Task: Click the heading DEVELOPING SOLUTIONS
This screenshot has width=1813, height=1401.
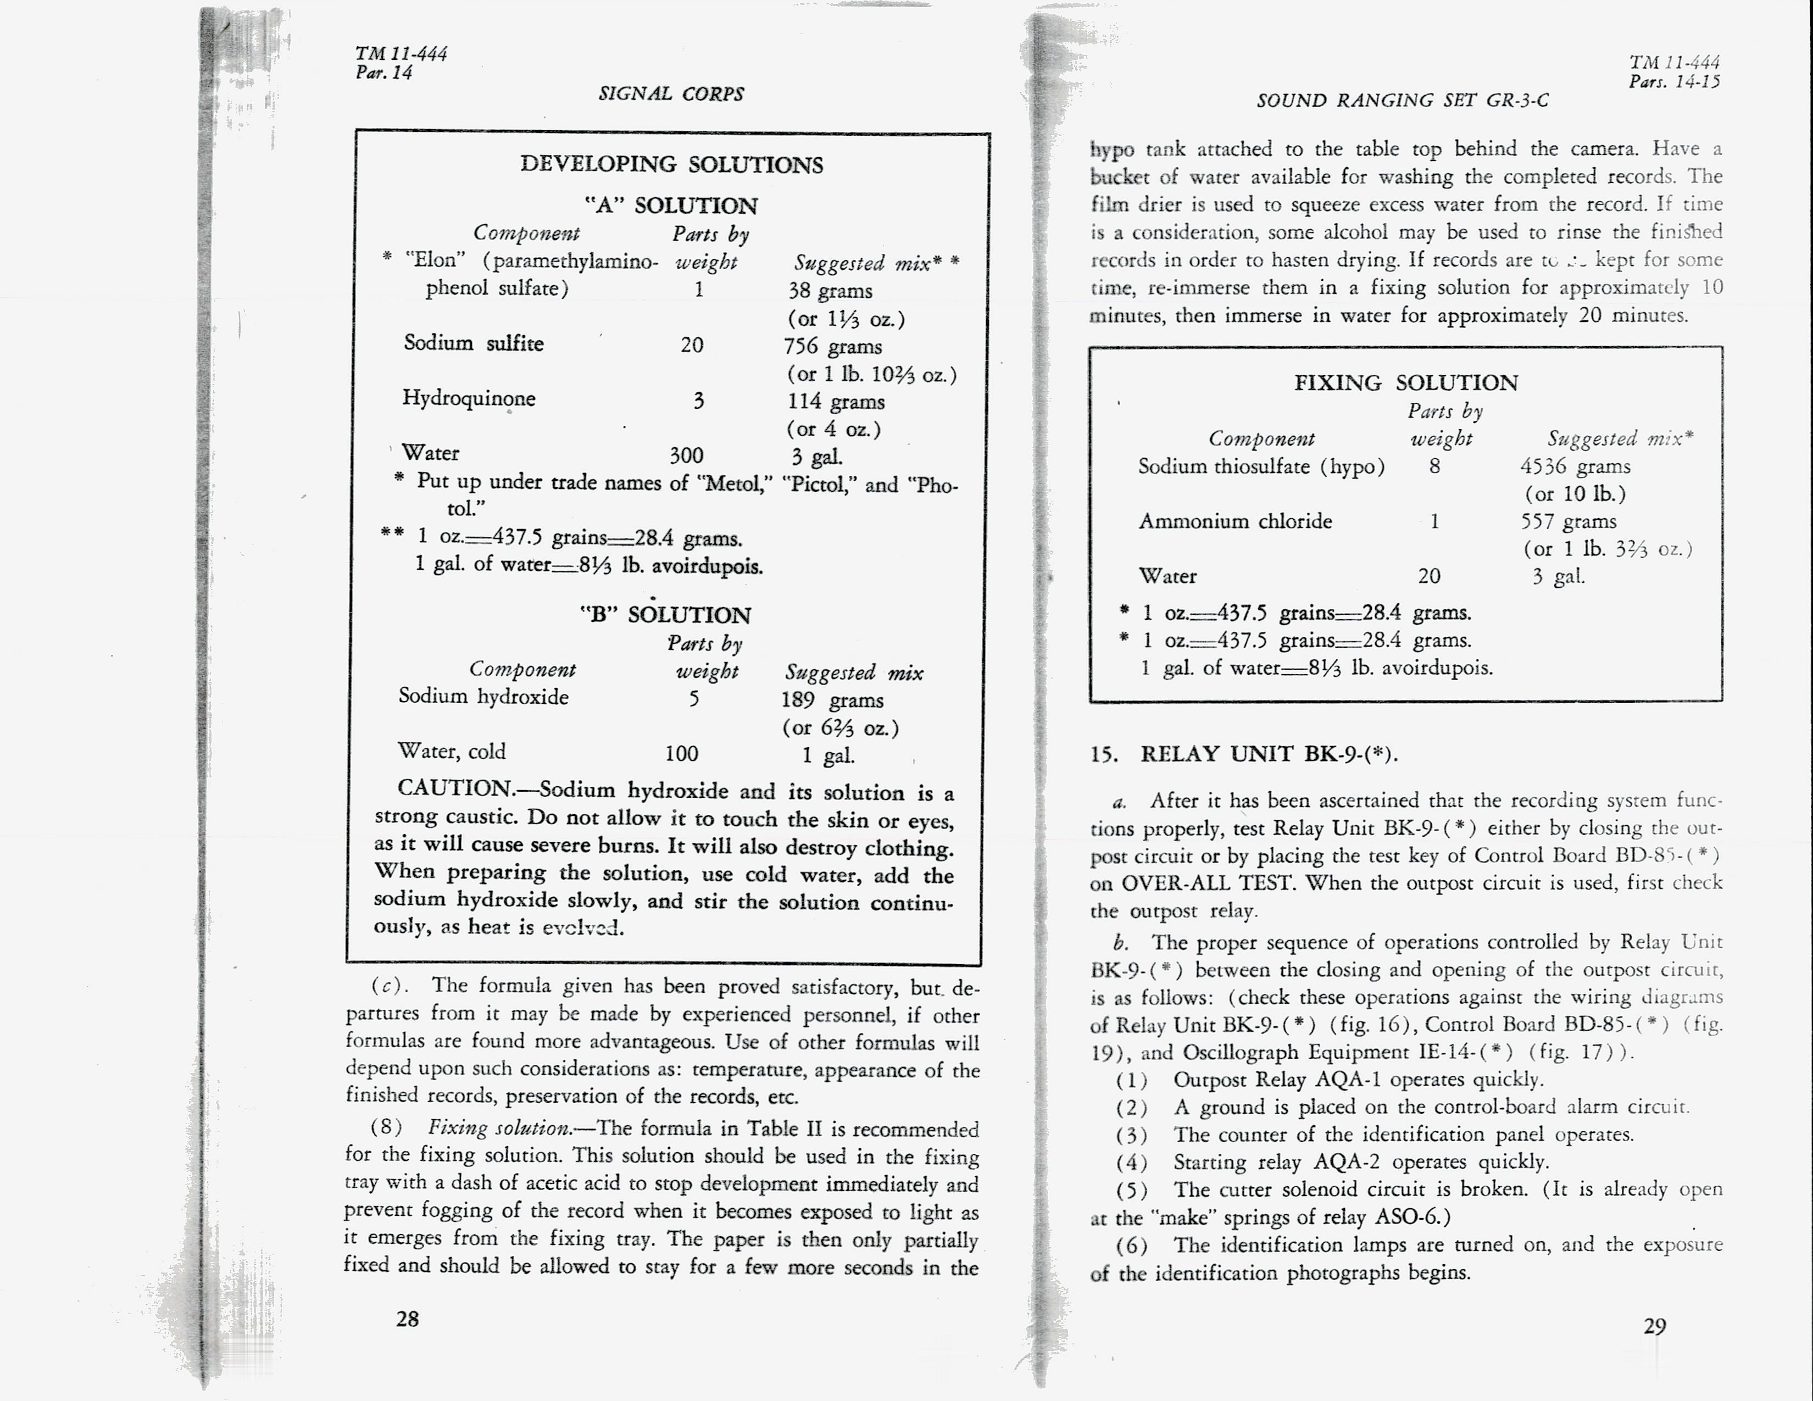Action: pyautogui.click(x=671, y=164)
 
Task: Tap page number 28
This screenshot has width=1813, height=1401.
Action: pyautogui.click(x=408, y=1319)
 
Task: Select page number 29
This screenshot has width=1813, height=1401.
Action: pyautogui.click(x=1654, y=1326)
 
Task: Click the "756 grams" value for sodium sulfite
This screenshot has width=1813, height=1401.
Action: pyautogui.click(x=833, y=346)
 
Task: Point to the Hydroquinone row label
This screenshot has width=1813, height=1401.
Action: pyautogui.click(x=469, y=398)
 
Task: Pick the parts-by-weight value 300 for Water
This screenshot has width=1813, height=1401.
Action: pyautogui.click(x=687, y=455)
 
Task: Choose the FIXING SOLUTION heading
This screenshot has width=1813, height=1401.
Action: pyautogui.click(x=1405, y=382)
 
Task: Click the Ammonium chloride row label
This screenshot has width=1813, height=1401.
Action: pyautogui.click(x=1235, y=521)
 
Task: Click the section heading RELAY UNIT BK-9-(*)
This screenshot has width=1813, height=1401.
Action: pyautogui.click(x=1269, y=754)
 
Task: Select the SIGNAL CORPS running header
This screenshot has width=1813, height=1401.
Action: pyautogui.click(x=671, y=94)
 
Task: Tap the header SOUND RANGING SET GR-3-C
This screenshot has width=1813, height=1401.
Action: pyautogui.click(x=1402, y=101)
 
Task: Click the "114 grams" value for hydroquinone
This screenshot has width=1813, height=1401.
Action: pyautogui.click(x=836, y=402)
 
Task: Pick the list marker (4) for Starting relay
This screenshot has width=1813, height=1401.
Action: pyautogui.click(x=1131, y=1162)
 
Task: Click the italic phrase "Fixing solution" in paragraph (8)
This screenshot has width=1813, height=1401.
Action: pyautogui.click(x=499, y=1128)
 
